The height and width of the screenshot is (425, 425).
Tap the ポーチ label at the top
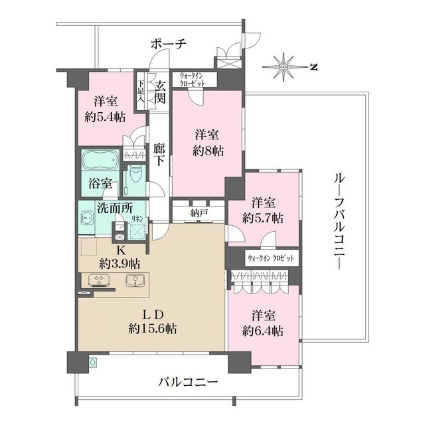tap(168, 44)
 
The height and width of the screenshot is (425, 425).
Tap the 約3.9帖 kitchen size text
tap(120, 262)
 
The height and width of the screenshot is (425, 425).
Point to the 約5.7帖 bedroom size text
tap(263, 217)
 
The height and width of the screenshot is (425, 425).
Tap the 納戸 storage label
tap(198, 214)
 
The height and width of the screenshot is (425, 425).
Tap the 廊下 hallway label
tap(159, 155)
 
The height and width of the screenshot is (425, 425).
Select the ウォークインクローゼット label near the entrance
tap(195, 80)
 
